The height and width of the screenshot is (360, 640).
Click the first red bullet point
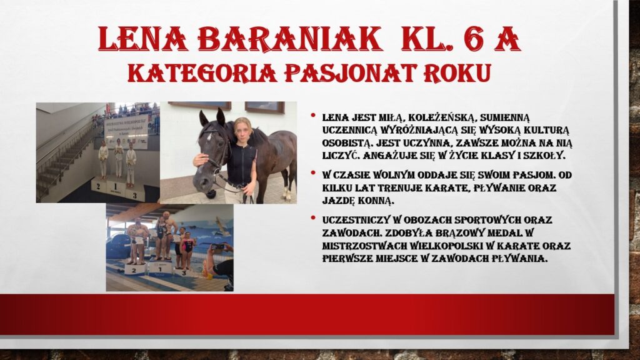pyautogui.click(x=313, y=116)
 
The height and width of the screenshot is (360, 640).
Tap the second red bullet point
pyautogui.click(x=313, y=173)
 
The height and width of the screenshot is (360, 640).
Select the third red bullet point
pyautogui.click(x=313, y=218)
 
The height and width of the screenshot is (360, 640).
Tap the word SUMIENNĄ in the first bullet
pyautogui.click(x=505, y=118)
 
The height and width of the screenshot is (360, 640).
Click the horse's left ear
pyautogui.click(x=203, y=118)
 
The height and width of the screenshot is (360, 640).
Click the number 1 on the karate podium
pyautogui.click(x=115, y=187)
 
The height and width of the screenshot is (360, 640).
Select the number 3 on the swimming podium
pyautogui.click(x=184, y=272)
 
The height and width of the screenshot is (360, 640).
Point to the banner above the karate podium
pyautogui.click(x=127, y=131)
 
